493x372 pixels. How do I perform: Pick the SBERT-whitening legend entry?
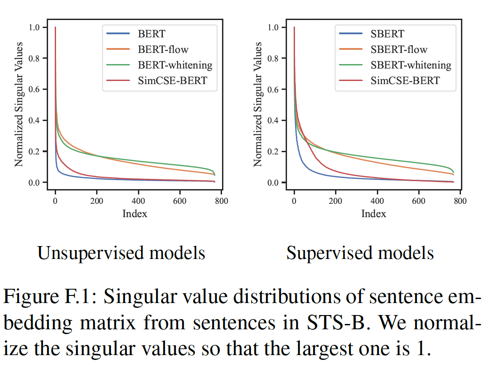(411, 65)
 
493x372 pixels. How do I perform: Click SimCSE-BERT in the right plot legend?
(405, 81)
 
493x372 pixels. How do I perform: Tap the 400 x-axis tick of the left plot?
(138, 201)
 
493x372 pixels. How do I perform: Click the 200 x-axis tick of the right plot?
(335, 201)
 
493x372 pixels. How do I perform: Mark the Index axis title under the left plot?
(134, 214)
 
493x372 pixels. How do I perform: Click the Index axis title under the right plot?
(373, 214)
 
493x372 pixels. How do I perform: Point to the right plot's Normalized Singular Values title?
(258, 105)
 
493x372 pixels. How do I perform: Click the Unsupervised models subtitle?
(121, 253)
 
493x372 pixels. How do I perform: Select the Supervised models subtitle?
(360, 253)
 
